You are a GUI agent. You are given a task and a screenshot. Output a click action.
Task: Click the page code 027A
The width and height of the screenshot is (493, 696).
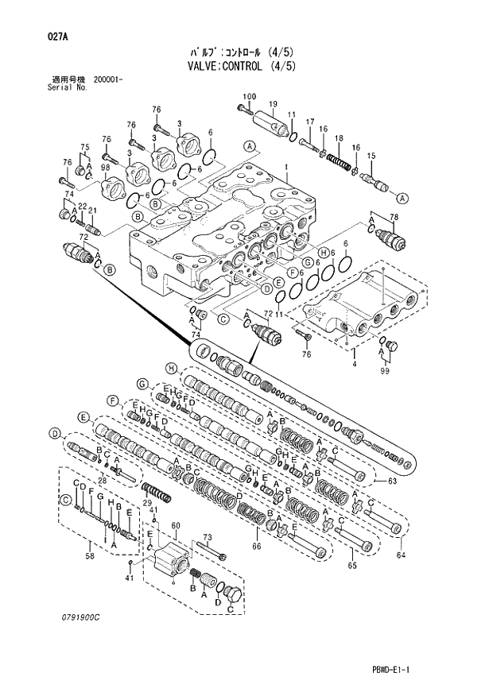click(x=34, y=36)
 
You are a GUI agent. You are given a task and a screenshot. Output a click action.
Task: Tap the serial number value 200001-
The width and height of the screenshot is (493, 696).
click(x=107, y=80)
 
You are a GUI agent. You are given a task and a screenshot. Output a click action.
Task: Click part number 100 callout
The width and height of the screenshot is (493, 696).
click(x=249, y=97)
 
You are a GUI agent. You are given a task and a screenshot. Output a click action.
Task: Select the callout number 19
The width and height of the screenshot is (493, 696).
click(x=272, y=105)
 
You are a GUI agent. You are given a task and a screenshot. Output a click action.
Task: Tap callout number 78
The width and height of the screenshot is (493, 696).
click(x=393, y=217)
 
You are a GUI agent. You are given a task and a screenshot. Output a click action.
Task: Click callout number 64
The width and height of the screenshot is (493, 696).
click(x=401, y=554)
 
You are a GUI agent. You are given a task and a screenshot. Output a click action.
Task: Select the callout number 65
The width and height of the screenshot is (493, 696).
click(x=351, y=565)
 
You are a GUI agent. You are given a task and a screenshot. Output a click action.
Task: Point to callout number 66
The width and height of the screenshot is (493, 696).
click(x=256, y=546)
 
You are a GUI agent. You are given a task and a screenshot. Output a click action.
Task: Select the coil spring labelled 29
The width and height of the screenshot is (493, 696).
click(x=157, y=493)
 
